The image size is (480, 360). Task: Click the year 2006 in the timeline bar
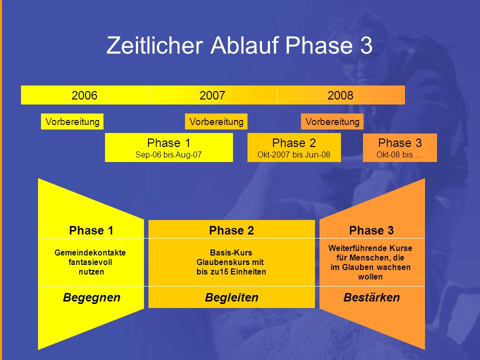(x=84, y=95)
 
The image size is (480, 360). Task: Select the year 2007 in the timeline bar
(x=212, y=95)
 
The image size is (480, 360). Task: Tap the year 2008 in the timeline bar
(x=340, y=95)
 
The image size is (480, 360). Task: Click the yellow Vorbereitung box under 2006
(x=72, y=121)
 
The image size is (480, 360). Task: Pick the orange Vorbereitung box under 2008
(x=332, y=121)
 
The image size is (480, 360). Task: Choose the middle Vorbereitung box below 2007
(x=216, y=121)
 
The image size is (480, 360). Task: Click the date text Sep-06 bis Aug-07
(x=168, y=154)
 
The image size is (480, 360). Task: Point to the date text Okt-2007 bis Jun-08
(x=294, y=154)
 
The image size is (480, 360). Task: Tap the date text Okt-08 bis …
(x=399, y=154)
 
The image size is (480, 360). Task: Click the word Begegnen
(x=91, y=297)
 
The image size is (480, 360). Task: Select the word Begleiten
(x=231, y=297)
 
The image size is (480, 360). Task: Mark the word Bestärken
(x=371, y=297)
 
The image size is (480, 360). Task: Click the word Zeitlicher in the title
(x=154, y=45)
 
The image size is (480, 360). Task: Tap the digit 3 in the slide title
(x=366, y=45)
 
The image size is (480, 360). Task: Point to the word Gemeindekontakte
(x=90, y=252)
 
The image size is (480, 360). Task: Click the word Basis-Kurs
(x=231, y=252)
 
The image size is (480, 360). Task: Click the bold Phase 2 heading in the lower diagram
(x=231, y=230)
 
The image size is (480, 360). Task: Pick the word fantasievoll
(x=90, y=262)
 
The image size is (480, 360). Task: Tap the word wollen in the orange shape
(x=370, y=276)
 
